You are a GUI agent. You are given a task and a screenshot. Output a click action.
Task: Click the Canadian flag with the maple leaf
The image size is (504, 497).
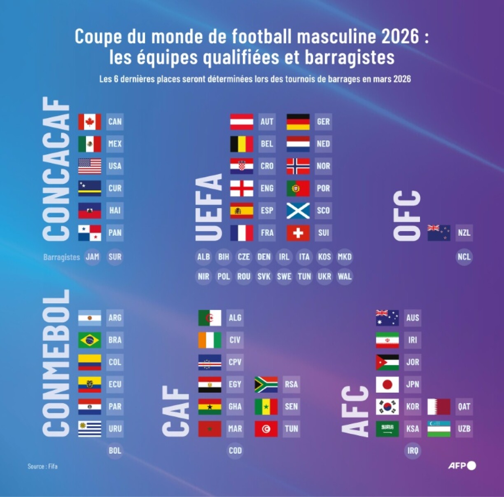pos(89,122)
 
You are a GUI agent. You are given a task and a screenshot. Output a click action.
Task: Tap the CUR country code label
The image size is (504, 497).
pos(115,188)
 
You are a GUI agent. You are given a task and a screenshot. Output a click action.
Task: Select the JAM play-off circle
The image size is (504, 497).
pos(93,257)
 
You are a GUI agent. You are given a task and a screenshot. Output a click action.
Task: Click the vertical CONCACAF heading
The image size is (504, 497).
pos(56,169)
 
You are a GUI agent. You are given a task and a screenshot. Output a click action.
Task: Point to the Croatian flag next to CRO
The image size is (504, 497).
pos(241,166)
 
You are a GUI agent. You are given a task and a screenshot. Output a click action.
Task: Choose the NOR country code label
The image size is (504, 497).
pos(323,166)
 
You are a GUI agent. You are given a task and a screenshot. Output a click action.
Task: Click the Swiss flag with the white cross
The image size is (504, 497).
pos(298,233)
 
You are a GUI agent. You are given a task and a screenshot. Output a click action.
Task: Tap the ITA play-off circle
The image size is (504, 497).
pos(304,257)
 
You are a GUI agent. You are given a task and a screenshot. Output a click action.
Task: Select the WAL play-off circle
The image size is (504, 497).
pos(345,277)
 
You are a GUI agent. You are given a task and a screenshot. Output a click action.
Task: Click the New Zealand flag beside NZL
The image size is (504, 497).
pos(439,233)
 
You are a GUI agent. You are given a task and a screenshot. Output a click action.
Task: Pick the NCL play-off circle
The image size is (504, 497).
pos(464,257)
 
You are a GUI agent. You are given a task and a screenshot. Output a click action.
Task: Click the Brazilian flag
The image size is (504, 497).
pos(89,340)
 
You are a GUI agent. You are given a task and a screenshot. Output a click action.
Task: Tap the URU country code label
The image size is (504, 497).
pos(115,429)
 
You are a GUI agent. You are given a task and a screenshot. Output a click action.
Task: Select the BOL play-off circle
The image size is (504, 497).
pos(115,450)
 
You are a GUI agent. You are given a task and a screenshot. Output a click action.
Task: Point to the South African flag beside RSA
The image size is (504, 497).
pos(266,384)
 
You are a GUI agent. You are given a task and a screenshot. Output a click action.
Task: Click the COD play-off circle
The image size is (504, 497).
pos(235,450)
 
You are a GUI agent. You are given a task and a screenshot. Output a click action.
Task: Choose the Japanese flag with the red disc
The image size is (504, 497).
pos(387,384)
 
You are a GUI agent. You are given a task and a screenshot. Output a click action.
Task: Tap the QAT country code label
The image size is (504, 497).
pos(464,407)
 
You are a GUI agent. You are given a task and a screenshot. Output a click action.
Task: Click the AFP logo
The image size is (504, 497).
pos(462,466)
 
